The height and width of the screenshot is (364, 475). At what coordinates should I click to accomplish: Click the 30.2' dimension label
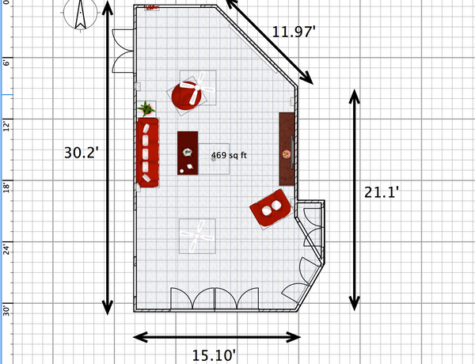click(x=82, y=153)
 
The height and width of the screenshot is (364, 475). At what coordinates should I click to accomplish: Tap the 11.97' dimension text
click(x=294, y=32)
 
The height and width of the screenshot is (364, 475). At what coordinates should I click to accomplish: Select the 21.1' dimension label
click(x=382, y=192)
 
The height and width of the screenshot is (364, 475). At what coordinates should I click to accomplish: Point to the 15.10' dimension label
click(x=214, y=355)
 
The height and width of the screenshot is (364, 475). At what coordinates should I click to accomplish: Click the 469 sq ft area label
click(x=229, y=155)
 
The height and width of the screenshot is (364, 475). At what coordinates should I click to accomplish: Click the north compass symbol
click(x=80, y=14)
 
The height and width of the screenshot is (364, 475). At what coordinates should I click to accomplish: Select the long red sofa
click(x=147, y=152)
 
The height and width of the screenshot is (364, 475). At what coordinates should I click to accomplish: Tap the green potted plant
click(x=146, y=108)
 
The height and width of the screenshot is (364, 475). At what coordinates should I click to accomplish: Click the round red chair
click(x=187, y=96)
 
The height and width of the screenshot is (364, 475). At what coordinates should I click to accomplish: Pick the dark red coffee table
click(x=188, y=153)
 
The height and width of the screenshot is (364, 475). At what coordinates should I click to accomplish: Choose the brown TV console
click(x=287, y=149)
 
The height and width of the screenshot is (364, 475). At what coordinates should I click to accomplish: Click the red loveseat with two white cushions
click(x=270, y=208)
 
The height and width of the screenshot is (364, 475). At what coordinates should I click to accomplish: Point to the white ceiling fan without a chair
click(x=197, y=236)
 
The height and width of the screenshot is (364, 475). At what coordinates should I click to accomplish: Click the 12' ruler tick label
click(x=6, y=125)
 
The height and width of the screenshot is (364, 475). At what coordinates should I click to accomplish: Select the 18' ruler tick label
click(x=6, y=187)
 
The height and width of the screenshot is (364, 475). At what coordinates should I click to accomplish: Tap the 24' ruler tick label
click(x=6, y=248)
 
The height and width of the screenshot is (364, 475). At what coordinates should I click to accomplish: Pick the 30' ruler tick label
click(x=6, y=310)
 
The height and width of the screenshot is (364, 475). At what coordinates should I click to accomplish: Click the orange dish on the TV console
click(x=286, y=154)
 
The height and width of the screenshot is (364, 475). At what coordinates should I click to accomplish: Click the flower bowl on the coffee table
click(x=187, y=152)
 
